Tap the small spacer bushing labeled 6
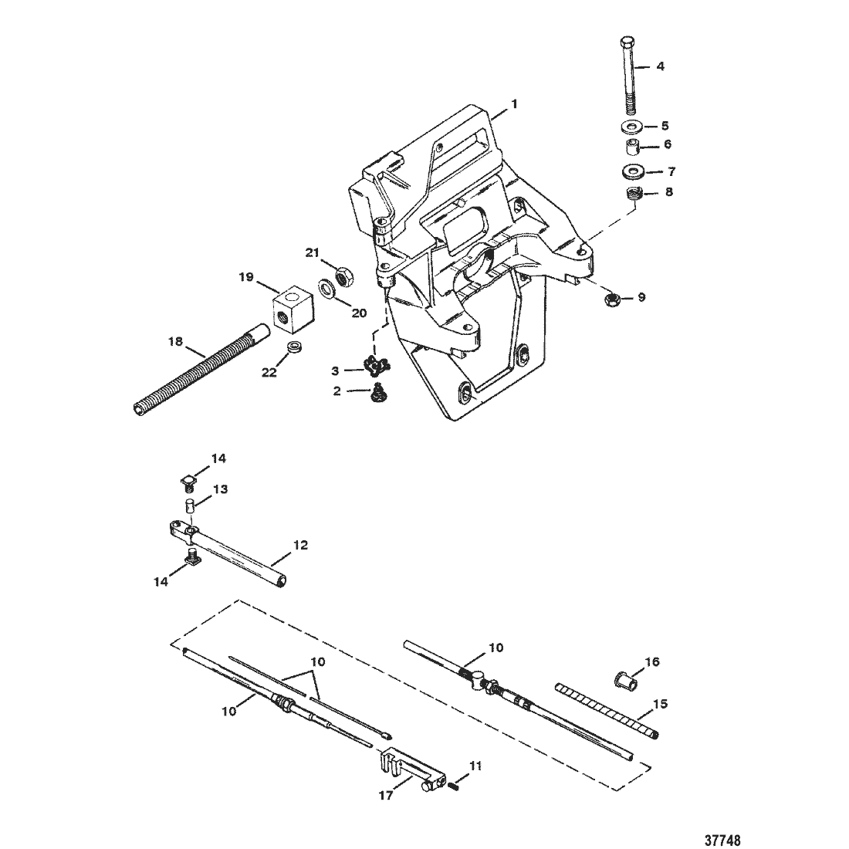(632, 147)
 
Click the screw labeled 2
(377, 393)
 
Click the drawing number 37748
(722, 840)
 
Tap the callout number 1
(514, 103)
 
